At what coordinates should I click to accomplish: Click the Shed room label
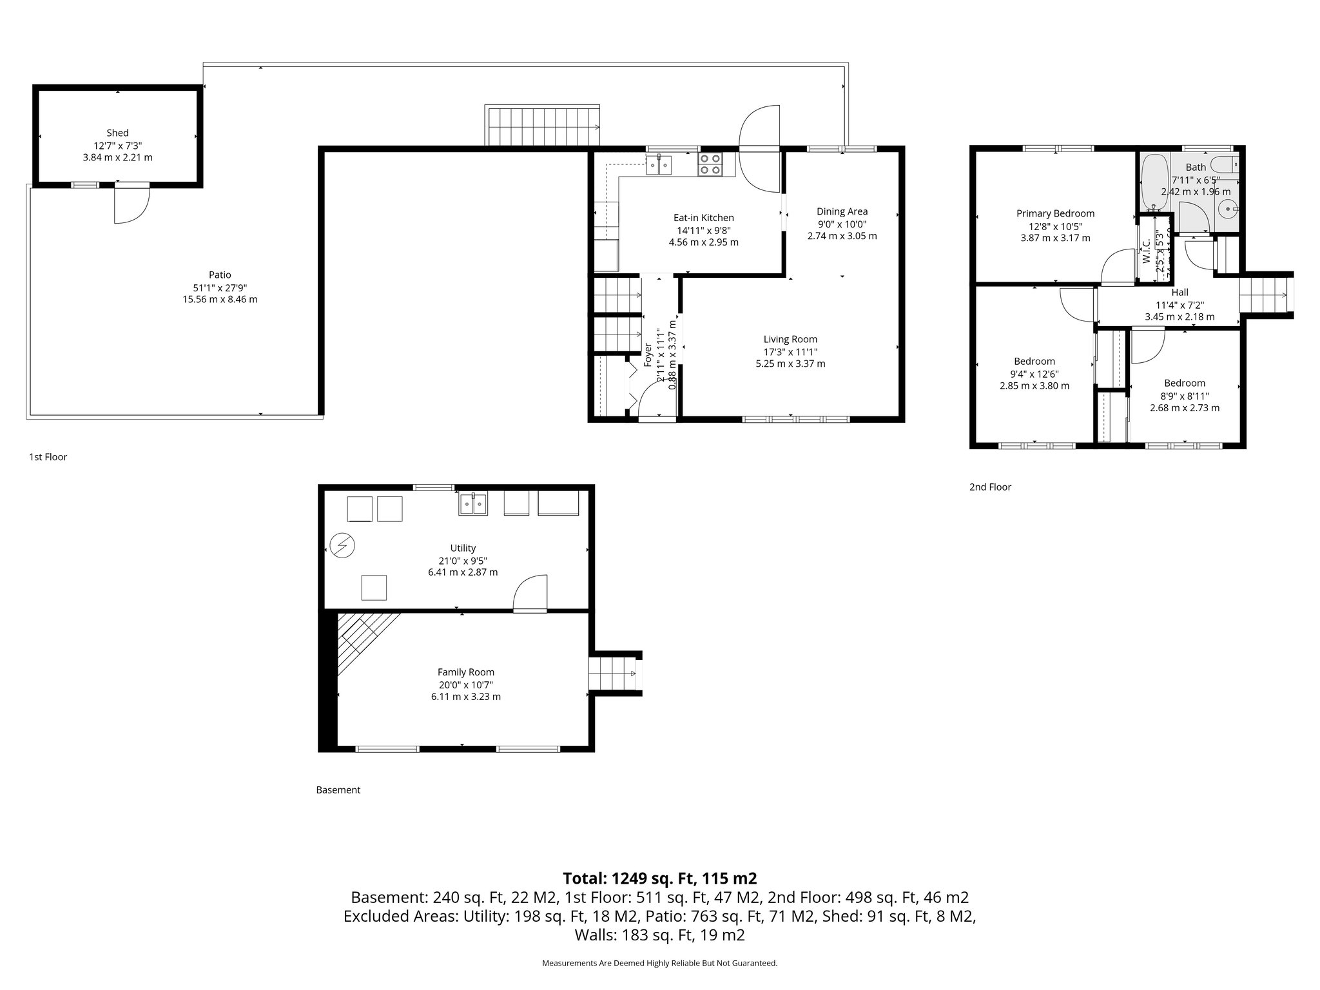coord(117,133)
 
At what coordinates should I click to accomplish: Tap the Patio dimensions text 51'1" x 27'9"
coord(220,287)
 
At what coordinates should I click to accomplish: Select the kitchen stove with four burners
coord(711,164)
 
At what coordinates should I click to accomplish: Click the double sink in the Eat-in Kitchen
coord(659,165)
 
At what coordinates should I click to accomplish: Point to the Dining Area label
coord(842,211)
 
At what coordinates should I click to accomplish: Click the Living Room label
coord(790,339)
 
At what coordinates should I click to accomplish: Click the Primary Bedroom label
coord(1055,213)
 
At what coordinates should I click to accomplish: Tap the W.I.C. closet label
coord(1146,252)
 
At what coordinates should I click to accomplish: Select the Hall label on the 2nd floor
coord(1179,293)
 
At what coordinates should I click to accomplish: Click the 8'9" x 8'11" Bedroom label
coord(1185,383)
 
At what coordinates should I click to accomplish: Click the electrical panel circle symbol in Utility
coord(342,546)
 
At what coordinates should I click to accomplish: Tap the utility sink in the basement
coord(474,503)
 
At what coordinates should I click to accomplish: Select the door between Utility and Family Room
coord(530,594)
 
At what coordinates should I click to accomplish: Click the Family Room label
coord(465,672)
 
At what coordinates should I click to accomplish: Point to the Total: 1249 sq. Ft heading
coord(659,878)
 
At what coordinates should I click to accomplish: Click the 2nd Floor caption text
coord(990,487)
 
